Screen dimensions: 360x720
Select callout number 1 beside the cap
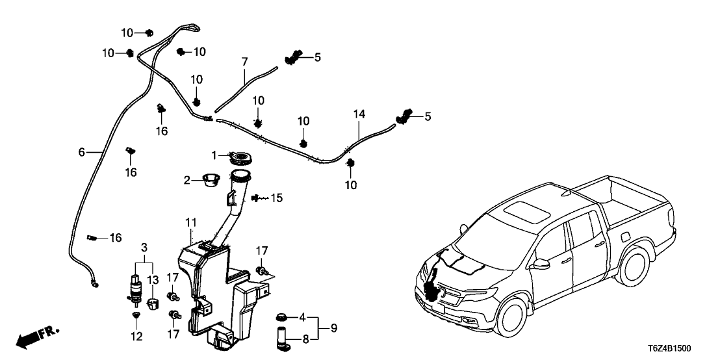coord(213,156)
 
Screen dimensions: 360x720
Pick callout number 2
coord(187,180)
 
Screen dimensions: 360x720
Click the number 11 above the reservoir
coord(190,223)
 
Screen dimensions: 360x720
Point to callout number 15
coord(277,198)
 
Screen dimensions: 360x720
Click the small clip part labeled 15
coord(259,196)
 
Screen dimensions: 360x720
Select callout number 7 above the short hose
coord(245,62)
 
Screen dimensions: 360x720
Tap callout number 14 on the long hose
coord(359,114)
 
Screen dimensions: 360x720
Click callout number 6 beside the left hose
coord(81,152)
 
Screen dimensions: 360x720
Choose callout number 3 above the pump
coord(144,248)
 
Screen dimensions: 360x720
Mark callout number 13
coord(153,280)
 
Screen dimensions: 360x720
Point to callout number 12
coord(136,337)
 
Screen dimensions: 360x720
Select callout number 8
coord(305,338)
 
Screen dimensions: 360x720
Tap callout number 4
coord(302,318)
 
